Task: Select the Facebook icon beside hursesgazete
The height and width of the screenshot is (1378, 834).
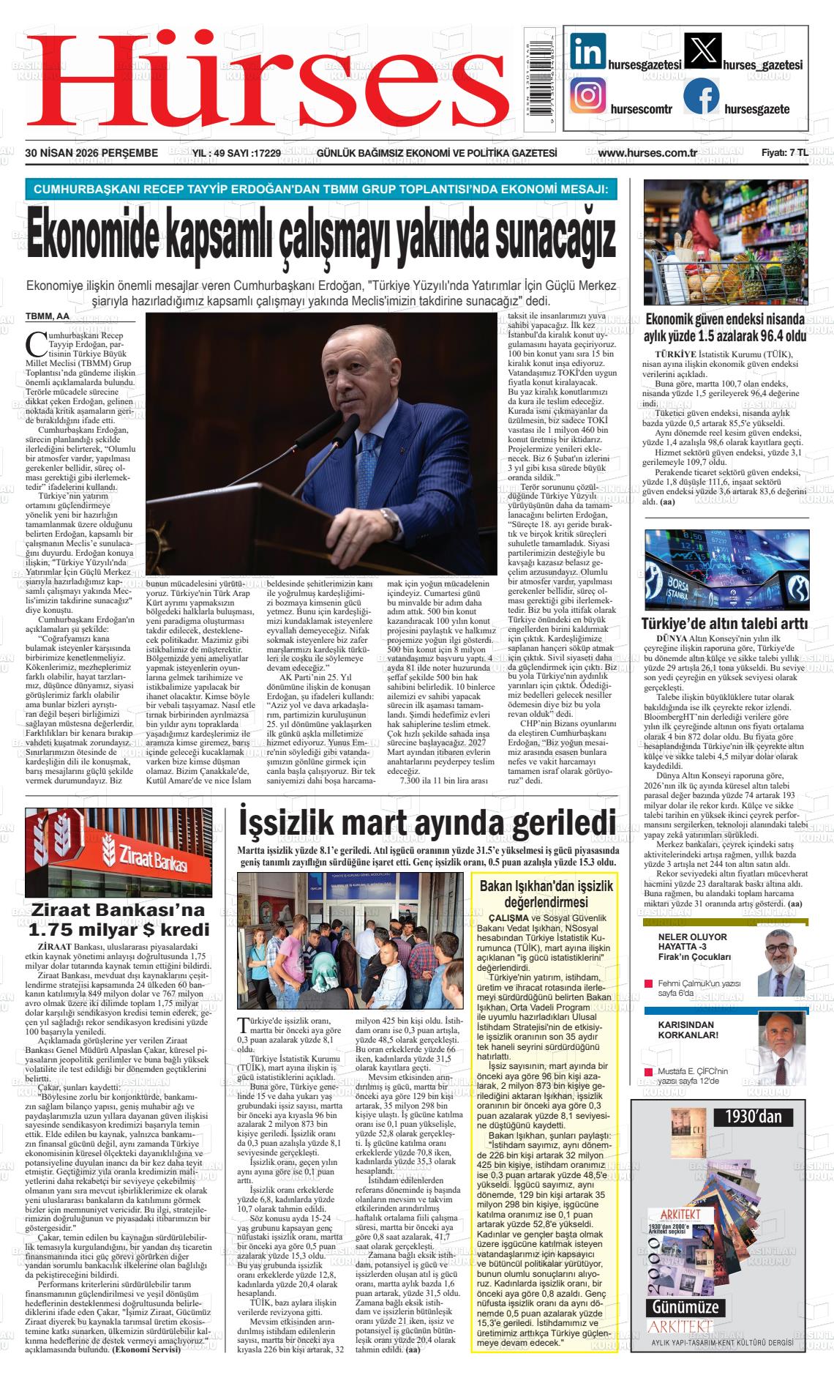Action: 701,97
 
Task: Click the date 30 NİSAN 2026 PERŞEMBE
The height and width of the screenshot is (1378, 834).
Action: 91,153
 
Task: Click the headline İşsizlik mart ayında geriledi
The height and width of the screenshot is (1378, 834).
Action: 427,823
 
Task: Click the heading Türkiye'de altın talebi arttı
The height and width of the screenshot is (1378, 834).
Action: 724,625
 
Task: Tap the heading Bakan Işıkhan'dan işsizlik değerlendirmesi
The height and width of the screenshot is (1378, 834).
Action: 546,894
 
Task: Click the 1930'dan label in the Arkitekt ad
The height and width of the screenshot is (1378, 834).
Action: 754,1117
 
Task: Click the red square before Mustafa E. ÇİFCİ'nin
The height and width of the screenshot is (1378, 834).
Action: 647,1071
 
